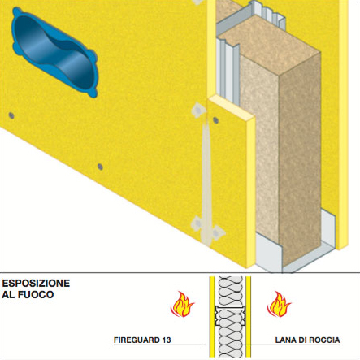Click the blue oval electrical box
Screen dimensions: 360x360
click(x=54, y=52)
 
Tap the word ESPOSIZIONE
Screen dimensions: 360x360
click(x=36, y=284)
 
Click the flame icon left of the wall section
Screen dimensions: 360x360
click(x=182, y=304)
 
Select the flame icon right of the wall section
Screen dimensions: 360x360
click(x=279, y=304)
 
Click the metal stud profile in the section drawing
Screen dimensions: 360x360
click(x=230, y=315)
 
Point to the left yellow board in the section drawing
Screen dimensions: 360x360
click(x=212, y=316)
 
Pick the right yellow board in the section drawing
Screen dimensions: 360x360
click(x=248, y=316)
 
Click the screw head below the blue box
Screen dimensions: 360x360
click(x=11, y=115)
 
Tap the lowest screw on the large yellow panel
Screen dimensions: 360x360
click(x=100, y=167)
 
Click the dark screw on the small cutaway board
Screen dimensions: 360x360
click(x=215, y=120)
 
